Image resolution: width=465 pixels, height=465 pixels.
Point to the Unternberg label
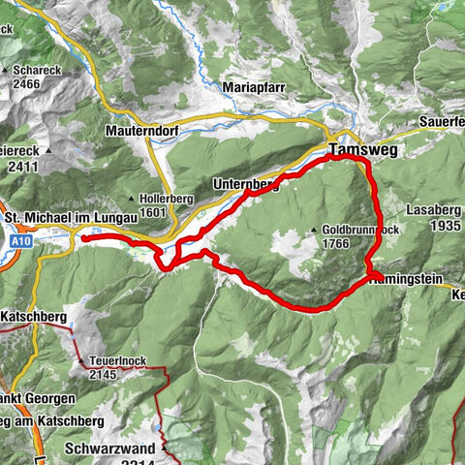243,185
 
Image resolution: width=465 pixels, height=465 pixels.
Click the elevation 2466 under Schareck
26,85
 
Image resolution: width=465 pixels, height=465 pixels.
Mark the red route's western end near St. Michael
82,236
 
